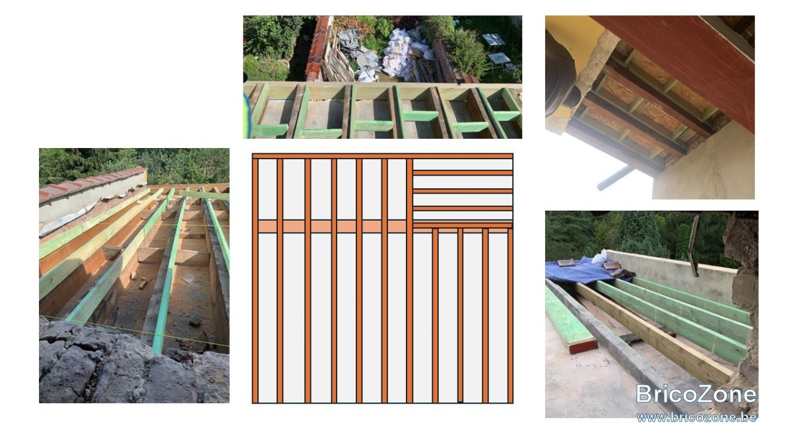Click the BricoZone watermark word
click(696, 394)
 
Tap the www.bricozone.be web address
click(696, 418)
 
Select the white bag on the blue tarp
click(600, 257)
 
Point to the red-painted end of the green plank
click(583, 346)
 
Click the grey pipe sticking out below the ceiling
click(616, 178)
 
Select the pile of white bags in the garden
click(407, 53)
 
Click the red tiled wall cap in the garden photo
click(317, 48)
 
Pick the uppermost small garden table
click(493, 40)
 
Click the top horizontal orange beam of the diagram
click(383, 156)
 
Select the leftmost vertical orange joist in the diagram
click(255, 281)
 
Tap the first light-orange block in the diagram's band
click(268, 226)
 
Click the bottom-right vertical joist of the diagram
click(510, 316)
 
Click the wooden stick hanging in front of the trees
click(694, 246)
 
